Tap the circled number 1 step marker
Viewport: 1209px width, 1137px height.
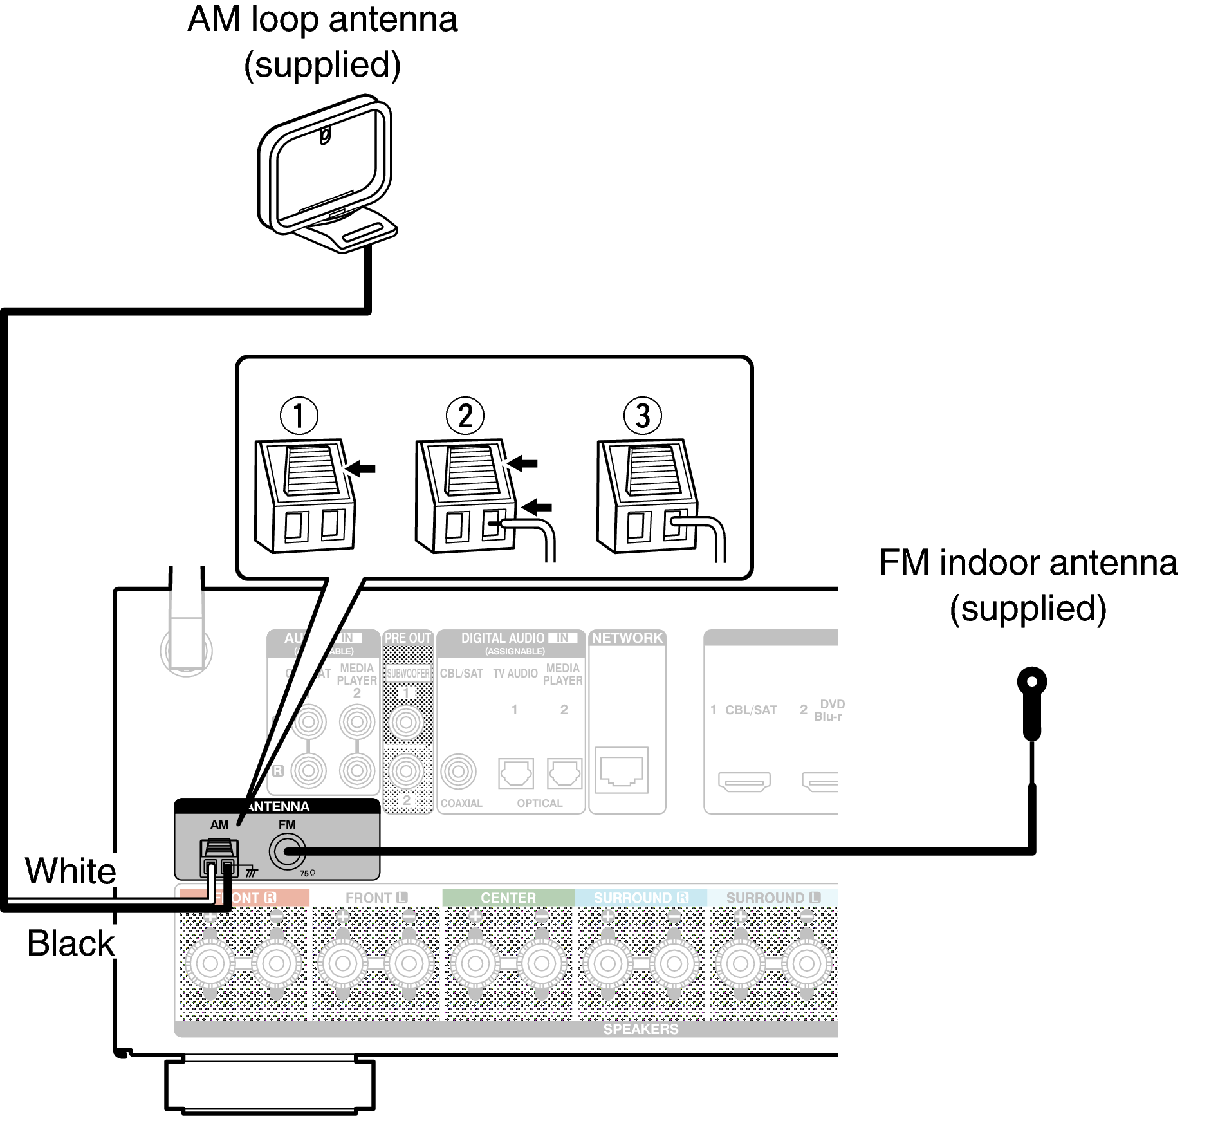click(x=299, y=416)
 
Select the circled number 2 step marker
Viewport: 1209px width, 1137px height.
click(x=465, y=416)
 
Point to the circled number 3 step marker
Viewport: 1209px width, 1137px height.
click(x=642, y=416)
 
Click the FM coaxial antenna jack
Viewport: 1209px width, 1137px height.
click(x=287, y=851)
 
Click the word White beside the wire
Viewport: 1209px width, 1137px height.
click(x=70, y=871)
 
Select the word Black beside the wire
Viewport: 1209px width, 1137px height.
click(x=70, y=943)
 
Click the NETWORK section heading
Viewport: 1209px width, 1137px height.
click(x=627, y=638)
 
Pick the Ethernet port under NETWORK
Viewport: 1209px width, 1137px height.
click(x=622, y=770)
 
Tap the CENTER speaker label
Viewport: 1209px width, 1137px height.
click(x=508, y=898)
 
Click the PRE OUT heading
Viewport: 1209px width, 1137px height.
click(x=408, y=638)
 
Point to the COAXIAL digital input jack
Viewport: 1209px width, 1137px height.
click(x=458, y=772)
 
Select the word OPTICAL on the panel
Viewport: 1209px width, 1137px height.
click(x=539, y=803)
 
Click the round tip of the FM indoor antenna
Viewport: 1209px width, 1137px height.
click(x=1031, y=681)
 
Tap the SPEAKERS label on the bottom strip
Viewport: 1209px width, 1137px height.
click(x=640, y=1029)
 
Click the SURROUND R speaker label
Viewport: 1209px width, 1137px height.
click(x=640, y=898)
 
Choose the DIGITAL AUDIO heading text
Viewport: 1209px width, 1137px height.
click(x=503, y=638)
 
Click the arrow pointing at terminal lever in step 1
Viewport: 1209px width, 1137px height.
click(x=360, y=468)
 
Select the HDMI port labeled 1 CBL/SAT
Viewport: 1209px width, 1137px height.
click(x=744, y=782)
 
